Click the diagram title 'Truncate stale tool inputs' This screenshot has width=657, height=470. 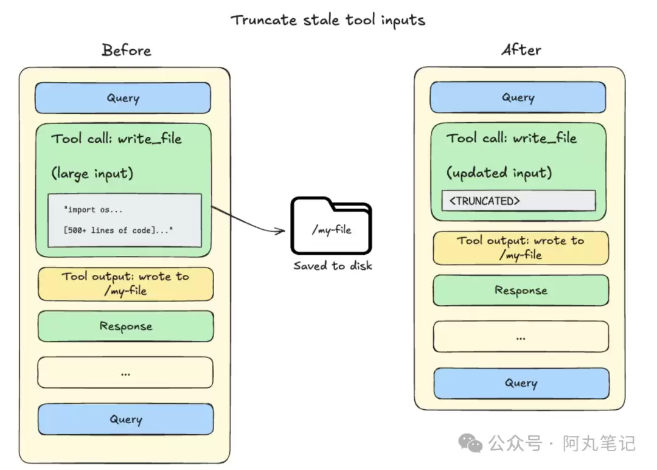point(327,19)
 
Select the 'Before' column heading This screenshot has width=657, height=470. point(126,50)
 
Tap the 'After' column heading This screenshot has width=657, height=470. point(521,50)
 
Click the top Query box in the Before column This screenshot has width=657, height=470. point(123,98)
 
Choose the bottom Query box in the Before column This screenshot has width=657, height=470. point(126,419)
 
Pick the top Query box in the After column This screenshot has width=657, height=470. point(518,97)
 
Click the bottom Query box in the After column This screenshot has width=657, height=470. point(521,383)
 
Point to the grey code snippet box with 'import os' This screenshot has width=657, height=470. point(125,220)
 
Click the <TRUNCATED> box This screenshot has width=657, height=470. point(518,201)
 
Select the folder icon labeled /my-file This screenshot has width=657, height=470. point(331,226)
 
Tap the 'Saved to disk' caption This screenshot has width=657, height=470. point(332,266)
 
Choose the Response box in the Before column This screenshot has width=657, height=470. point(125,327)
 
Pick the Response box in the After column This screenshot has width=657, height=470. point(521,291)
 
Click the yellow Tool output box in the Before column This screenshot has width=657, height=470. point(125,284)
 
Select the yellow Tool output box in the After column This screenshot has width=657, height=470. point(520,248)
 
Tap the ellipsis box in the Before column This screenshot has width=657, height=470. point(125,373)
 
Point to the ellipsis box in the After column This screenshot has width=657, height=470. point(521,336)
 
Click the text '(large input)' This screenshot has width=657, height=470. point(92,174)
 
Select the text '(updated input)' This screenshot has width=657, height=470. point(499,173)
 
